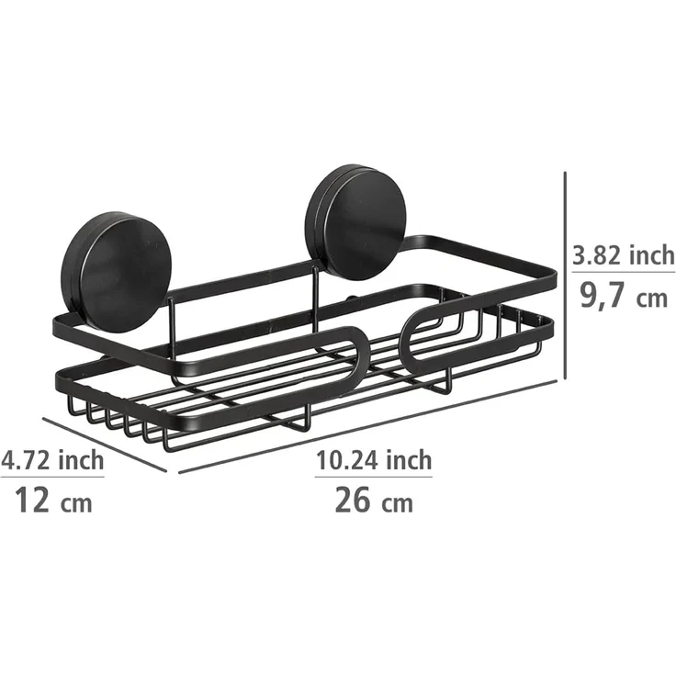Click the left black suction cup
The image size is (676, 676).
(103, 267)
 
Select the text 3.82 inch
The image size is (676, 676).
(623, 255)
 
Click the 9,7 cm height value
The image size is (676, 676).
(623, 297)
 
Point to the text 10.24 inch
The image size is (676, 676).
(374, 459)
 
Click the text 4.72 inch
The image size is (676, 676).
(52, 459)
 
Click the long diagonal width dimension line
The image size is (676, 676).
(367, 426)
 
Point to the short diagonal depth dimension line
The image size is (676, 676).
(104, 444)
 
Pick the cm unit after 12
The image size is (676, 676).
(78, 503)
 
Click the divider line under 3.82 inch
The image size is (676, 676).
(623, 274)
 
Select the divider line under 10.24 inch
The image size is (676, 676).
(374, 477)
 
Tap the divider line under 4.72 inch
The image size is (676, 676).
(52, 477)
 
